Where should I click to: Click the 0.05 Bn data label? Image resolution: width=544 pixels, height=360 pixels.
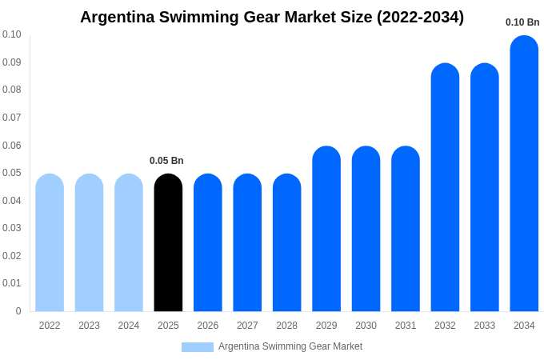(166, 161)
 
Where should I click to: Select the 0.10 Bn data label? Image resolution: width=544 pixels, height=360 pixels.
(522, 22)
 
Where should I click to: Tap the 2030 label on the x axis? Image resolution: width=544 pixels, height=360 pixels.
(366, 326)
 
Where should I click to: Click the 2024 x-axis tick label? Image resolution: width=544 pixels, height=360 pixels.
(129, 326)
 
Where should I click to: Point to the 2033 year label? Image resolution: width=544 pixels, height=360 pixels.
(484, 326)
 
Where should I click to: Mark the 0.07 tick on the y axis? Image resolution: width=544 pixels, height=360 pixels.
(12, 118)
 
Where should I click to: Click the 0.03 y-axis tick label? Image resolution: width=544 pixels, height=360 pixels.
(12, 228)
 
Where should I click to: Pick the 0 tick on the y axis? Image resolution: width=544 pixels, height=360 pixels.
(18, 311)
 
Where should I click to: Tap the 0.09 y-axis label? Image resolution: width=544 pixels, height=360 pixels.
(12, 62)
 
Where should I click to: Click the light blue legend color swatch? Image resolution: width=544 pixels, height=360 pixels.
(198, 347)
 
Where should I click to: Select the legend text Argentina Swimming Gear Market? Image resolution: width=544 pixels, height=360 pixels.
(290, 346)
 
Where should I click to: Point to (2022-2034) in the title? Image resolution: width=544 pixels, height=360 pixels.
(420, 17)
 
